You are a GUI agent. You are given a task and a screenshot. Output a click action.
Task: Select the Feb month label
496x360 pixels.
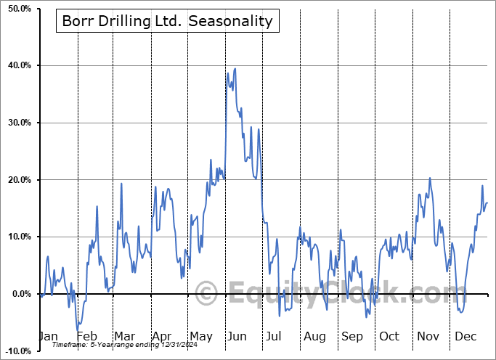(x=87, y=336)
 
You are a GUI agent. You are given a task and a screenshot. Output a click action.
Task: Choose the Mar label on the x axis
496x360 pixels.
(x=125, y=336)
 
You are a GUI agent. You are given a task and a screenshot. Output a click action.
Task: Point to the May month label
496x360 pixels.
(x=201, y=336)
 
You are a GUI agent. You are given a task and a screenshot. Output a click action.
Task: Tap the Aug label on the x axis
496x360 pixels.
(x=314, y=336)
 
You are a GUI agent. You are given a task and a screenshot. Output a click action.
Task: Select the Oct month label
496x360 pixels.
(x=389, y=336)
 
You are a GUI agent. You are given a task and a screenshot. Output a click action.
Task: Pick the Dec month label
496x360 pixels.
(x=465, y=336)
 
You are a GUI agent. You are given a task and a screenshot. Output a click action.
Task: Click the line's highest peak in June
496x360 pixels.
(x=228, y=73)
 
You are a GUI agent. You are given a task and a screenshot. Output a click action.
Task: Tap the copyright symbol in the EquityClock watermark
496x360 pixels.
(x=206, y=294)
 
